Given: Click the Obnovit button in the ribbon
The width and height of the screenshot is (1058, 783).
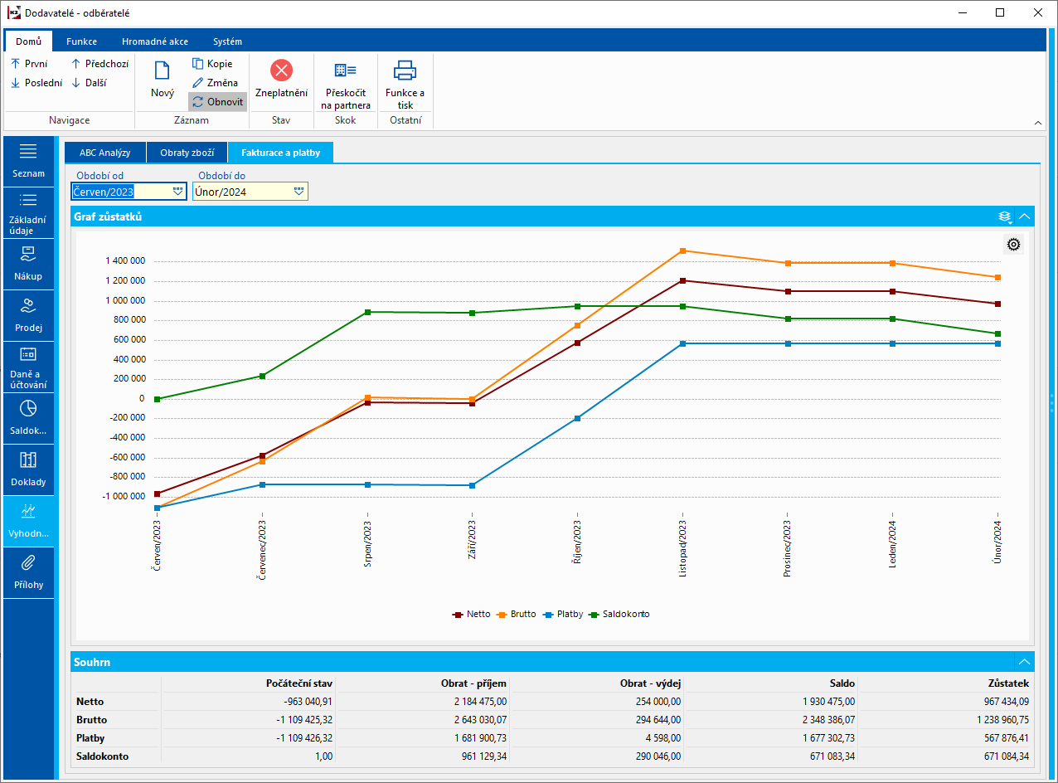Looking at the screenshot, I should pyautogui.click(x=218, y=102).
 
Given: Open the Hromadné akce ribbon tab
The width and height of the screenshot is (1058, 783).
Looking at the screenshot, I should pyautogui.click(x=155, y=41).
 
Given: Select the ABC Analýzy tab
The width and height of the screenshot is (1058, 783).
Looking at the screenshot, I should pyautogui.click(x=104, y=153).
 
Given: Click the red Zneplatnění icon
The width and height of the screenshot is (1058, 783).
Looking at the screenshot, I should pyautogui.click(x=281, y=71).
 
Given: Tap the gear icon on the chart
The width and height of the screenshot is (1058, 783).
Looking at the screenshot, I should pyautogui.click(x=1013, y=244).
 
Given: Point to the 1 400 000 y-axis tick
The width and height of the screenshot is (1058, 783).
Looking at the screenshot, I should pyautogui.click(x=125, y=260).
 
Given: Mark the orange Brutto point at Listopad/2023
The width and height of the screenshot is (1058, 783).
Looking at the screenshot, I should pyautogui.click(x=682, y=250).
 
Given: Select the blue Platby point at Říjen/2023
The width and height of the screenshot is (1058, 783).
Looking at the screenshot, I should pyautogui.click(x=577, y=418).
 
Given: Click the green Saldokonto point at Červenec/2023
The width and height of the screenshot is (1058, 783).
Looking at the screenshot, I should pyautogui.click(x=262, y=376).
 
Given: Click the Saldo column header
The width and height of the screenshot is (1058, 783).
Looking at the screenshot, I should pyautogui.click(x=842, y=683).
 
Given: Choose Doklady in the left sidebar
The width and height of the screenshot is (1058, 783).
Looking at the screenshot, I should pyautogui.click(x=28, y=469).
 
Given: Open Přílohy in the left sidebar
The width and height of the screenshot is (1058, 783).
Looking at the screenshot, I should pyautogui.click(x=28, y=572).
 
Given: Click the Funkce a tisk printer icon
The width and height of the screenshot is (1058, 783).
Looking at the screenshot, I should pyautogui.click(x=405, y=71).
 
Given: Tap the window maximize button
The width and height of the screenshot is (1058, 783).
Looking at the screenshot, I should pyautogui.click(x=1000, y=12).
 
